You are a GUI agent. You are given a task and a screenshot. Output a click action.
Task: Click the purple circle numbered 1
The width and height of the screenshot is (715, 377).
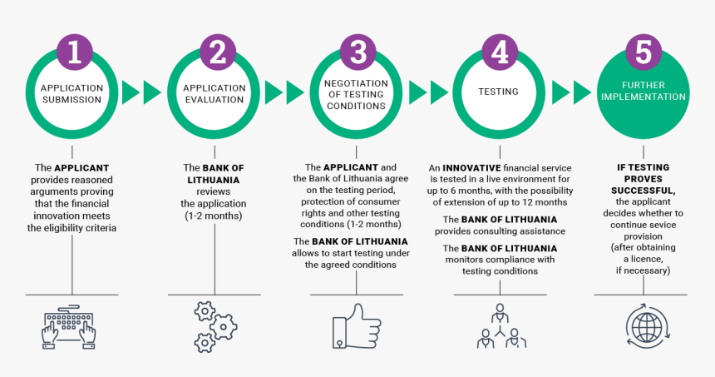(x=74, y=52)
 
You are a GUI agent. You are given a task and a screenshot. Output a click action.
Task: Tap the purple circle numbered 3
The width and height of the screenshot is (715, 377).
(x=357, y=52)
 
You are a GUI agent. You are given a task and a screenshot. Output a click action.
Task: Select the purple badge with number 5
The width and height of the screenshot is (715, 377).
(x=643, y=52)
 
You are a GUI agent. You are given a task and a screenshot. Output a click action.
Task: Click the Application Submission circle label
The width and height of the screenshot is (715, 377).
(x=72, y=93)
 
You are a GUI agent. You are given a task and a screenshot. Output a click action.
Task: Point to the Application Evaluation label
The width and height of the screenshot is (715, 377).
(x=214, y=93)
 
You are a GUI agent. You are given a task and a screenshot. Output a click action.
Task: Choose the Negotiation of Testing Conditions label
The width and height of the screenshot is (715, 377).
(x=356, y=95)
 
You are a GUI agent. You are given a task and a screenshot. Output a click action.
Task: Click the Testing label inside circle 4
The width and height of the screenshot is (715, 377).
(x=498, y=92)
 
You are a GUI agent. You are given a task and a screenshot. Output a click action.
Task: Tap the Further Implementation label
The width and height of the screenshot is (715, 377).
(x=643, y=91)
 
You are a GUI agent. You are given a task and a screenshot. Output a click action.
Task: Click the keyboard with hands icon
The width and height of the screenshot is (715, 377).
(x=69, y=327)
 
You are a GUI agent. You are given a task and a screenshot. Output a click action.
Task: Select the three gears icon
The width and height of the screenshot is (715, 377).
(x=214, y=327)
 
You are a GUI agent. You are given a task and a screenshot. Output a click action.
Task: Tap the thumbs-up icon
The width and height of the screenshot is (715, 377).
(x=356, y=326)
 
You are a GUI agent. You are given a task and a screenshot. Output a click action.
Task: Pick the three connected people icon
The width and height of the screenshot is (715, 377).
(x=500, y=326)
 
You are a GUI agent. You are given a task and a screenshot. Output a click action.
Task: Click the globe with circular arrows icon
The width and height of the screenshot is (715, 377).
(x=647, y=327)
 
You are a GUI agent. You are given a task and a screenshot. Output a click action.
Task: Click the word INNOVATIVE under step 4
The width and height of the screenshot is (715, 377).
(x=471, y=168)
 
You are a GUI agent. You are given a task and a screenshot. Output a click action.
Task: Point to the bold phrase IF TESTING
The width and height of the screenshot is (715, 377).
(x=643, y=167)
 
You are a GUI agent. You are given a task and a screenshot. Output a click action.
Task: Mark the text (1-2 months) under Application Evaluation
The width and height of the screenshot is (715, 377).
(x=214, y=216)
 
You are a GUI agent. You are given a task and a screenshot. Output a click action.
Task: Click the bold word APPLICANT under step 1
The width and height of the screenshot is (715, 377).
(x=81, y=168)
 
